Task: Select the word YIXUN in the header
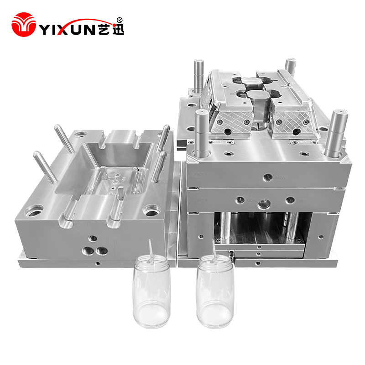[68, 29]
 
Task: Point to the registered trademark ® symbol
[120, 20]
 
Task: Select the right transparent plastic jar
[215, 294]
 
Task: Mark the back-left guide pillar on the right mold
[197, 75]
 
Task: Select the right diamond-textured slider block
[291, 120]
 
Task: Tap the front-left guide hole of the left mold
[34, 210]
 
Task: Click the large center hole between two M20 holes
[263, 204]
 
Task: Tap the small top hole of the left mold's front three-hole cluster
[93, 238]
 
